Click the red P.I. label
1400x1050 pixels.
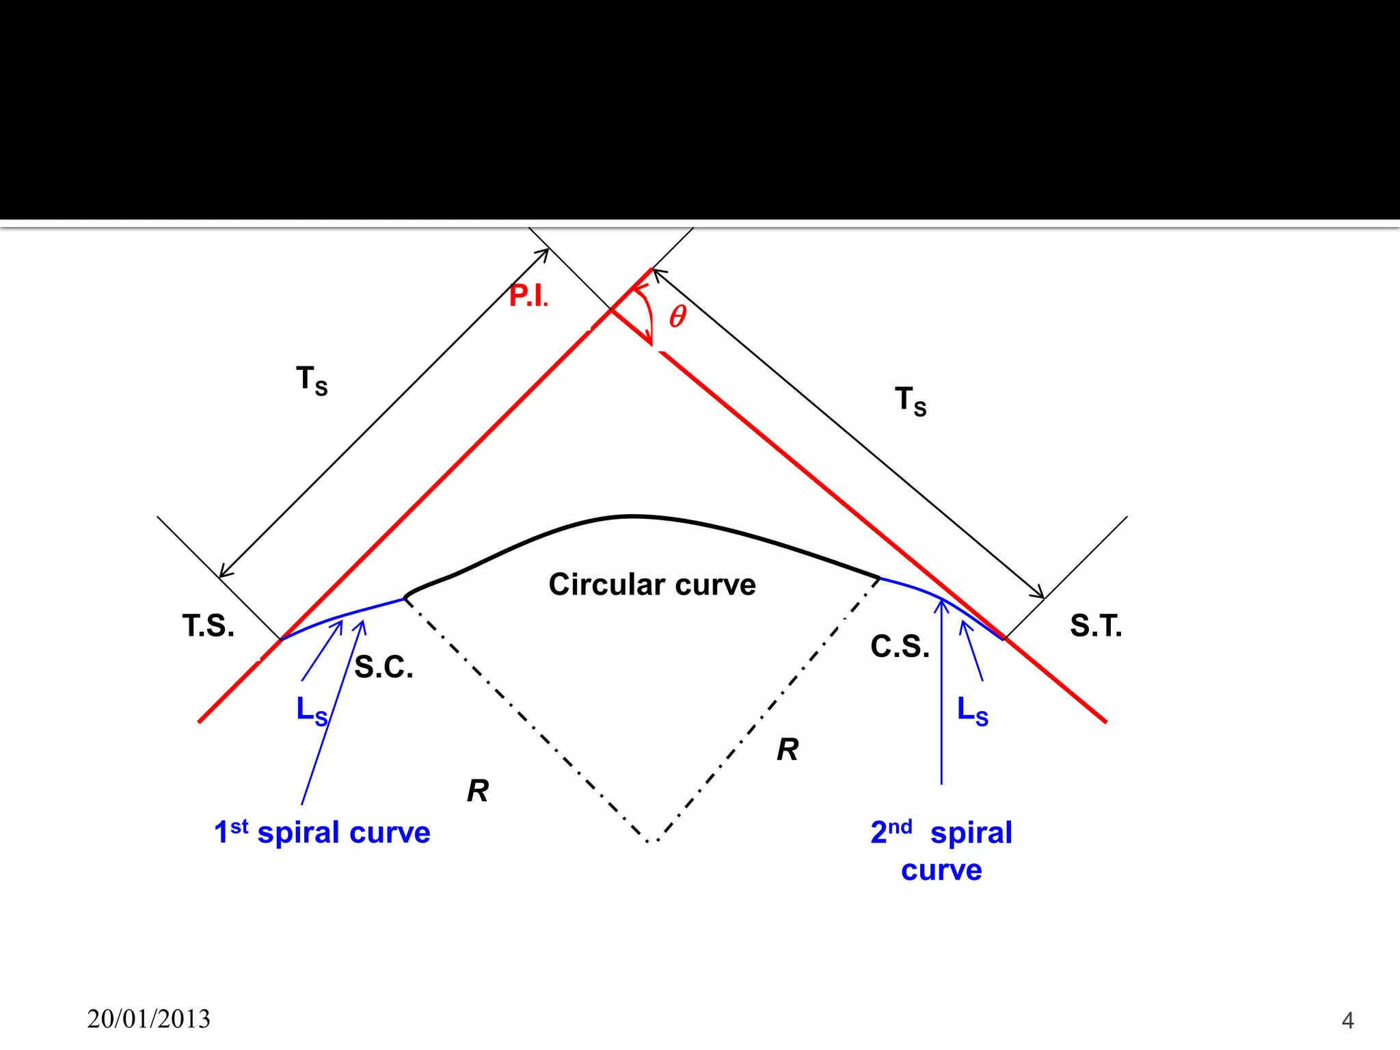tap(528, 296)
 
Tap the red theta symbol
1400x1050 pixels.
tap(677, 316)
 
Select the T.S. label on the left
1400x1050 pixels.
tap(208, 625)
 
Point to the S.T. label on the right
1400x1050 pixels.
tap(1096, 625)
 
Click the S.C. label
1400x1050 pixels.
tap(383, 667)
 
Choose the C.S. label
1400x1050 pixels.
tap(900, 647)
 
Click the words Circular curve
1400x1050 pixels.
tap(652, 584)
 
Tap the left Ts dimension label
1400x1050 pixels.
tap(312, 380)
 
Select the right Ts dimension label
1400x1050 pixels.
tap(911, 401)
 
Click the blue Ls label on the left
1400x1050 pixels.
tap(312, 711)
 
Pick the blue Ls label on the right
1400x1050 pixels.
tap(972, 711)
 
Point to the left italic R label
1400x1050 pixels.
tap(478, 791)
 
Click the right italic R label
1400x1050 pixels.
tap(787, 750)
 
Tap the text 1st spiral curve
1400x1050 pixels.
tap(322, 833)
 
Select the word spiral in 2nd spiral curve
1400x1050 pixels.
tap(971, 833)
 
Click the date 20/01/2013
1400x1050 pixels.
tap(149, 1019)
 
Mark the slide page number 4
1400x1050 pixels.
tap(1347, 1020)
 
